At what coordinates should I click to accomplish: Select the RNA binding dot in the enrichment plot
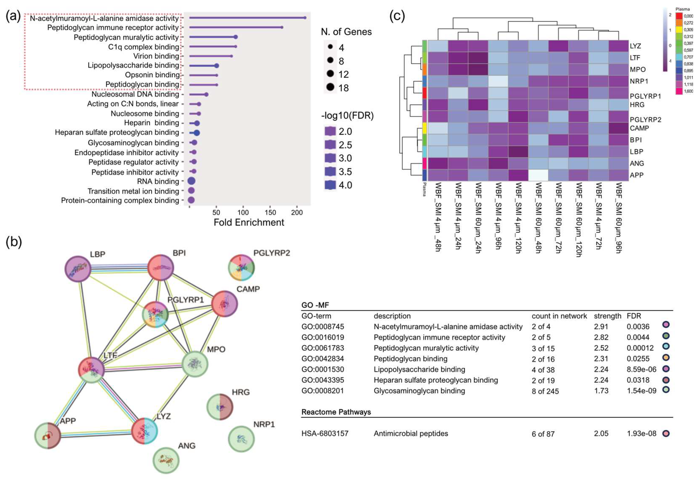click(191, 181)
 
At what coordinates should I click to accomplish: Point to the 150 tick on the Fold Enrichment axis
click(270, 212)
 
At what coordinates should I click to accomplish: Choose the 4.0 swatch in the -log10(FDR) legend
click(330, 185)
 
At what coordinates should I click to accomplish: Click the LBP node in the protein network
click(78, 269)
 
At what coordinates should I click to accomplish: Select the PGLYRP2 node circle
click(242, 267)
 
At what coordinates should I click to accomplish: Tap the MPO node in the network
click(195, 364)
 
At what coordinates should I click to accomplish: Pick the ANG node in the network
click(166, 460)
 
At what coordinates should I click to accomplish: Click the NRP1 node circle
click(241, 439)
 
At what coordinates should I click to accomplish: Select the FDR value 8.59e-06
click(641, 369)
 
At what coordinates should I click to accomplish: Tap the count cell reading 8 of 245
click(545, 391)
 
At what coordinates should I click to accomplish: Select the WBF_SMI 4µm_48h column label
click(438, 217)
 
